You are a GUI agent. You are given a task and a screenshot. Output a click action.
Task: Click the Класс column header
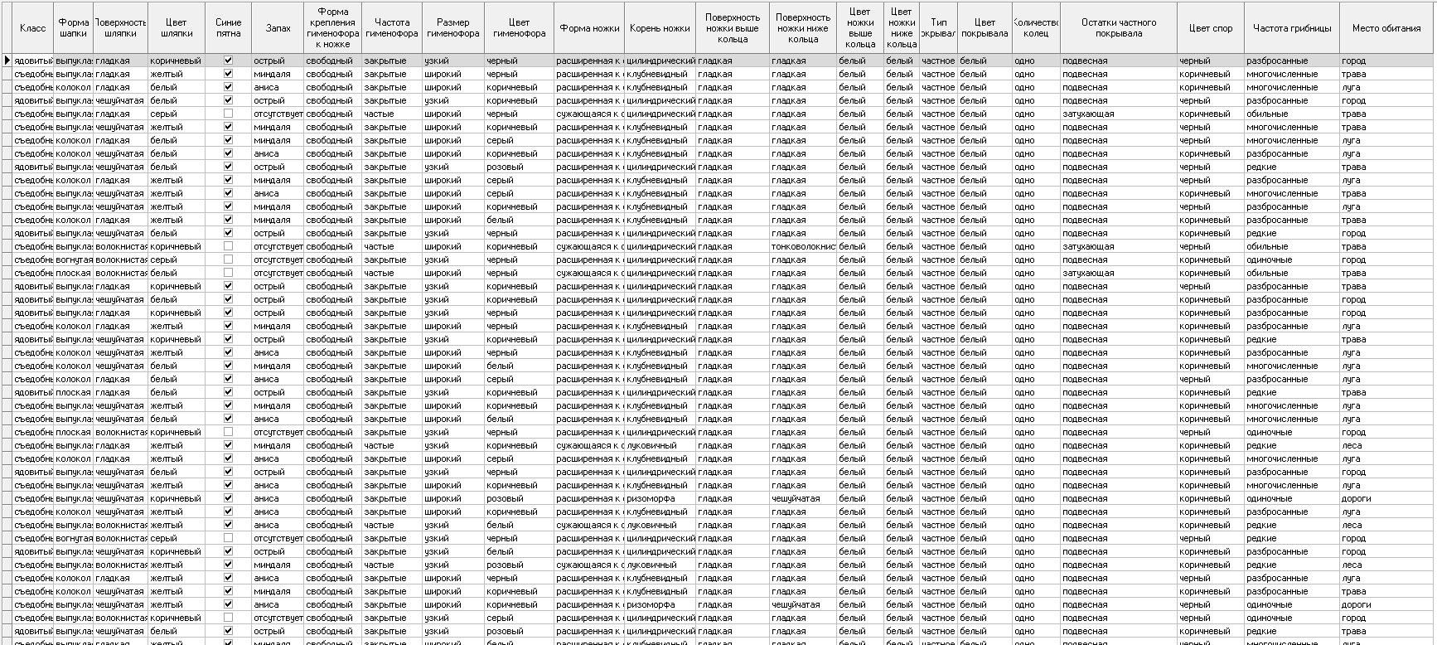[x=33, y=28]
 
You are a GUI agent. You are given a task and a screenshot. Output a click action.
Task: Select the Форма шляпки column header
[x=74, y=28]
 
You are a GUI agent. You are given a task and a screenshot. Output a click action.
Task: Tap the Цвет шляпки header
[x=177, y=28]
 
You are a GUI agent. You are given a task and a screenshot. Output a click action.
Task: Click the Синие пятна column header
[x=229, y=28]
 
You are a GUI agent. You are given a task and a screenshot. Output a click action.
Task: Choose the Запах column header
[x=278, y=28]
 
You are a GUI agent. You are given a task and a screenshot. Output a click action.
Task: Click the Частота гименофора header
[x=392, y=28]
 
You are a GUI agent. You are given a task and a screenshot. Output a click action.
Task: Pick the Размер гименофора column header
[x=453, y=28]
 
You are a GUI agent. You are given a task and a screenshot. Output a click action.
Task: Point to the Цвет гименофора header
[x=520, y=28]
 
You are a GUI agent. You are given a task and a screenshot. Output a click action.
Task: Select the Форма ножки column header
[x=589, y=28]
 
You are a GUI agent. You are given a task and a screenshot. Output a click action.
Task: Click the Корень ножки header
[x=660, y=28]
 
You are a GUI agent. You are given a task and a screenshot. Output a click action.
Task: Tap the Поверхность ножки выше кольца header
[x=733, y=28]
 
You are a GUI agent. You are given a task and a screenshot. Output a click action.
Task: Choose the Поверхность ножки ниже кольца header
[x=803, y=28]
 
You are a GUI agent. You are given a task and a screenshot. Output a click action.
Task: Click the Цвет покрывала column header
[x=985, y=28]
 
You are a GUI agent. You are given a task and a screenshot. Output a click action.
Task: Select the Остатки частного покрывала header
[x=1118, y=28]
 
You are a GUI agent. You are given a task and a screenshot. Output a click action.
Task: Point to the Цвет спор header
[x=1210, y=28]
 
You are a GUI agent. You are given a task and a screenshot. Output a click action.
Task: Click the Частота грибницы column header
[x=1292, y=28]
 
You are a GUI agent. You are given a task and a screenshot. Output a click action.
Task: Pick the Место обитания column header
[x=1386, y=28]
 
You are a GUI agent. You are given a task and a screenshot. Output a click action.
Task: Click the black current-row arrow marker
[x=7, y=61]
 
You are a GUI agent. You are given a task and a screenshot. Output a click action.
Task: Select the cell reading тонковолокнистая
[x=802, y=246]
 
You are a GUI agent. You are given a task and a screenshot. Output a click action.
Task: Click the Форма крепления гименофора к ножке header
[x=333, y=28]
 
